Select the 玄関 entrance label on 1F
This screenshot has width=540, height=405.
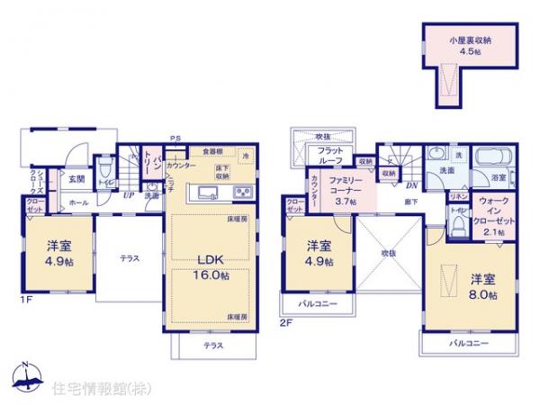pos(77,179)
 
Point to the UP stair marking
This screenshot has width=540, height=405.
pos(128,194)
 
